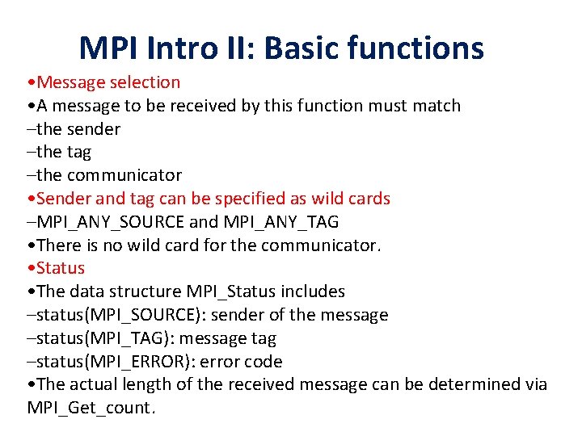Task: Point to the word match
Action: coord(436,106)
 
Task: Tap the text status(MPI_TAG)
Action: coord(98,338)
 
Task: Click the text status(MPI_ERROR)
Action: coord(109,362)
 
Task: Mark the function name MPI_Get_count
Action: coord(89,408)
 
